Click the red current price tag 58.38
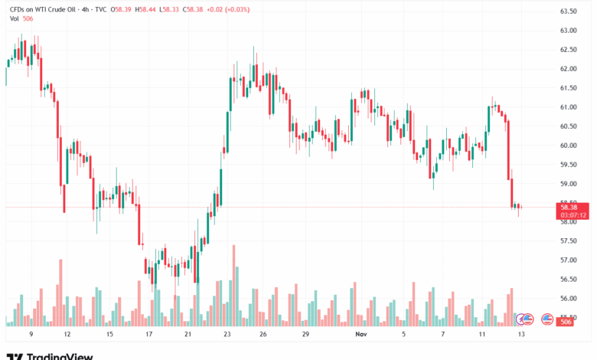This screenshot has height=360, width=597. tap(573, 207)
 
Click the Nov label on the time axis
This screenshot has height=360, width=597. tap(360, 335)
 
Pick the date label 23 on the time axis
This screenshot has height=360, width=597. tap(227, 335)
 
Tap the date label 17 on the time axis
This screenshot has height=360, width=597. tap(148, 335)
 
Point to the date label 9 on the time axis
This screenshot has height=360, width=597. tap(31, 335)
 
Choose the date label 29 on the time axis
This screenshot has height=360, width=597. tap(305, 335)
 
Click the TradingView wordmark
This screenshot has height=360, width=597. tap(60, 355)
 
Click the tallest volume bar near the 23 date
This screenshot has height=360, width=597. tap(233, 285)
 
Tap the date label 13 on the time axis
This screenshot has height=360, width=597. tap(520, 335)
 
